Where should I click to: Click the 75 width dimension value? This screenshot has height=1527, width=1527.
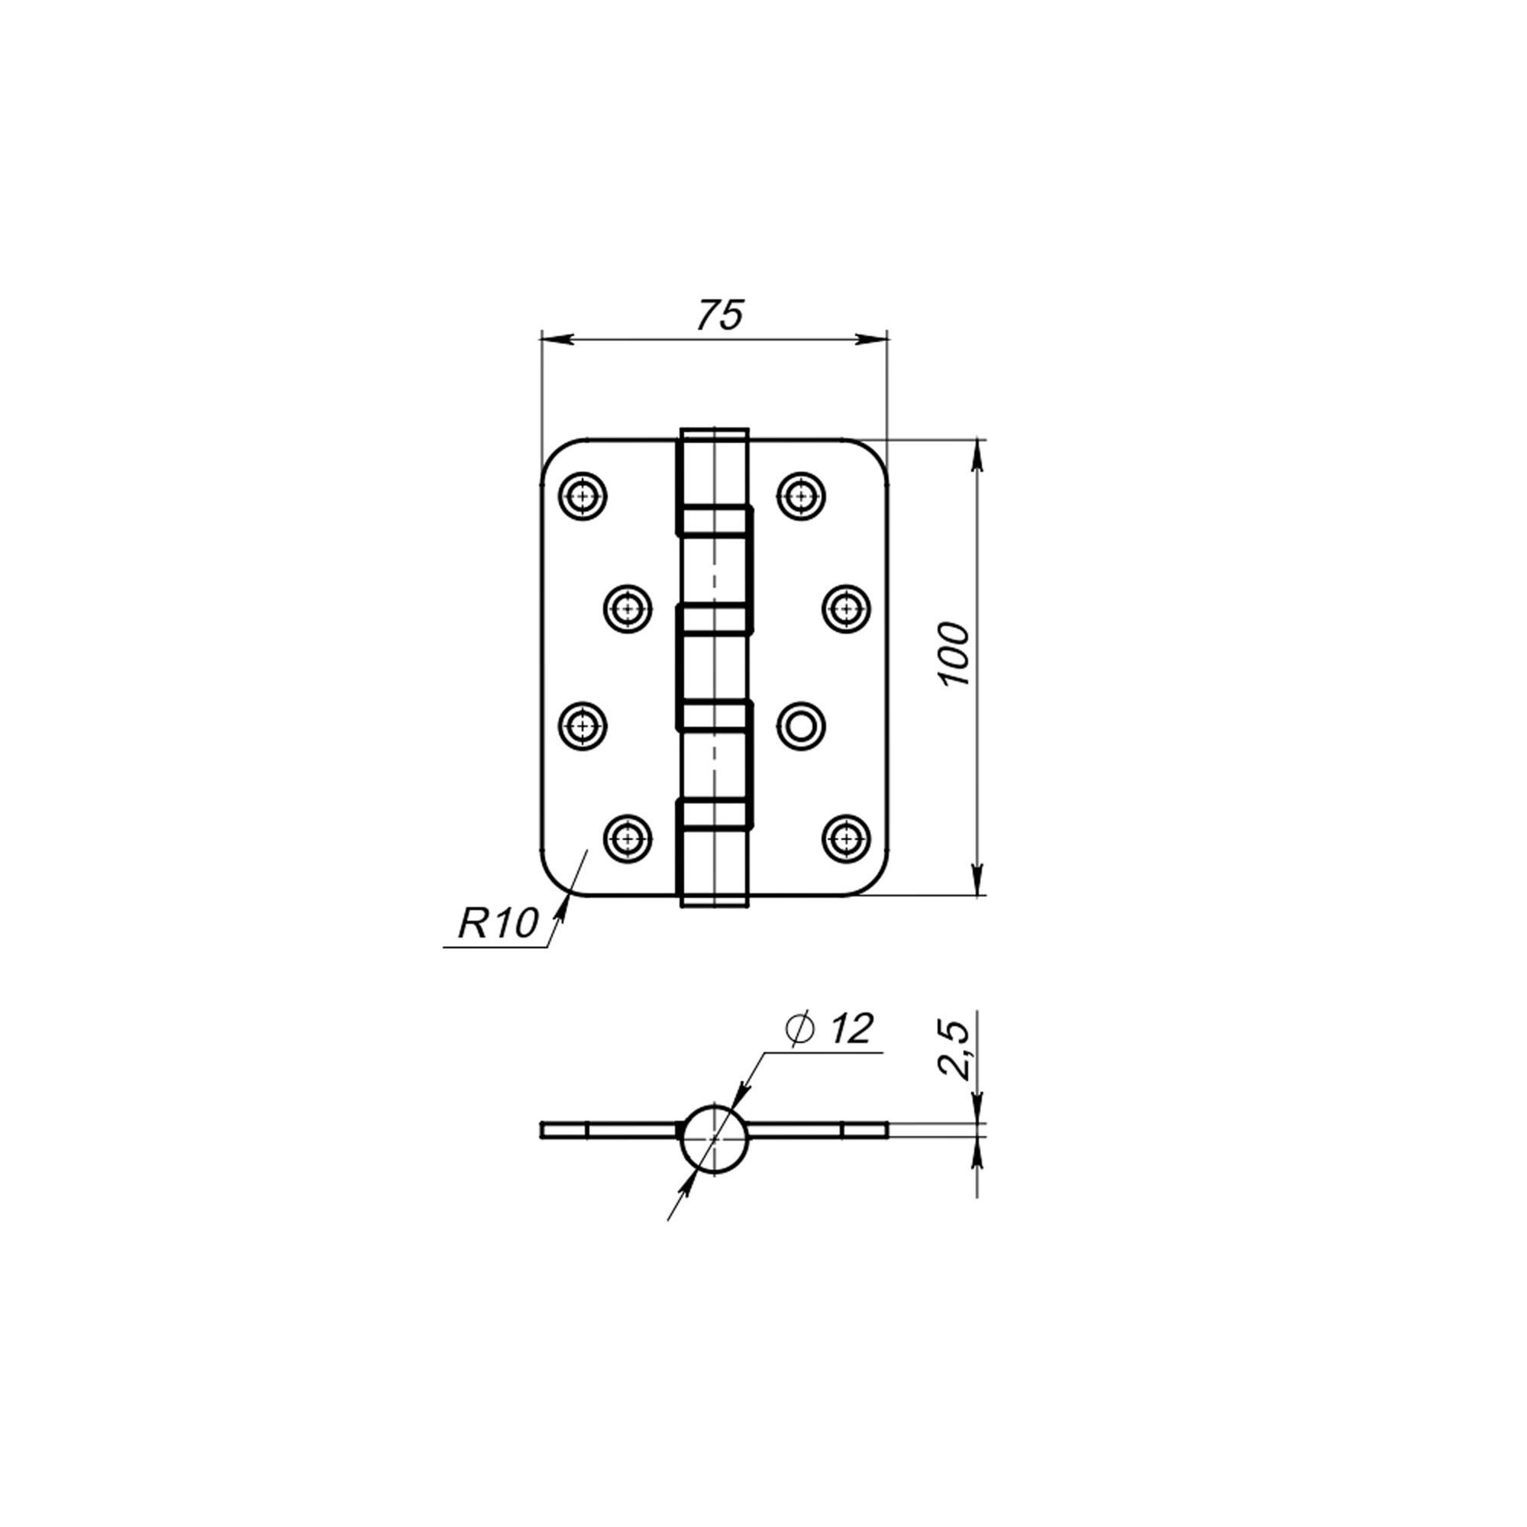pyautogui.click(x=720, y=315)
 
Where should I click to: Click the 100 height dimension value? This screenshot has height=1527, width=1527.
pyautogui.click(x=955, y=655)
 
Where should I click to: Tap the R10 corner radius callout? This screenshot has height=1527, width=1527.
pyautogui.click(x=498, y=923)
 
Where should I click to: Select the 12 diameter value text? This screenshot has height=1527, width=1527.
pyautogui.click(x=851, y=1028)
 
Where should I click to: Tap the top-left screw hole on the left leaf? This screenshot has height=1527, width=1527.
pyautogui.click(x=583, y=496)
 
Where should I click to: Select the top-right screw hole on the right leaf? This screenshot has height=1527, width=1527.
pyautogui.click(x=802, y=496)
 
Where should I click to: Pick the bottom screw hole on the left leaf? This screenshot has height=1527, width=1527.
pyautogui.click(x=628, y=838)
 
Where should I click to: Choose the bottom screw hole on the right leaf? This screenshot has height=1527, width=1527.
pyautogui.click(x=847, y=838)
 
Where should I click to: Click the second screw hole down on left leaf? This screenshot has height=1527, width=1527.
pyautogui.click(x=628, y=609)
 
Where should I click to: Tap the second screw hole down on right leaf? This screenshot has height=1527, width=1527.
pyautogui.click(x=847, y=609)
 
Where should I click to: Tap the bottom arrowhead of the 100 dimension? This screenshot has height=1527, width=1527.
pyautogui.click(x=978, y=881)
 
